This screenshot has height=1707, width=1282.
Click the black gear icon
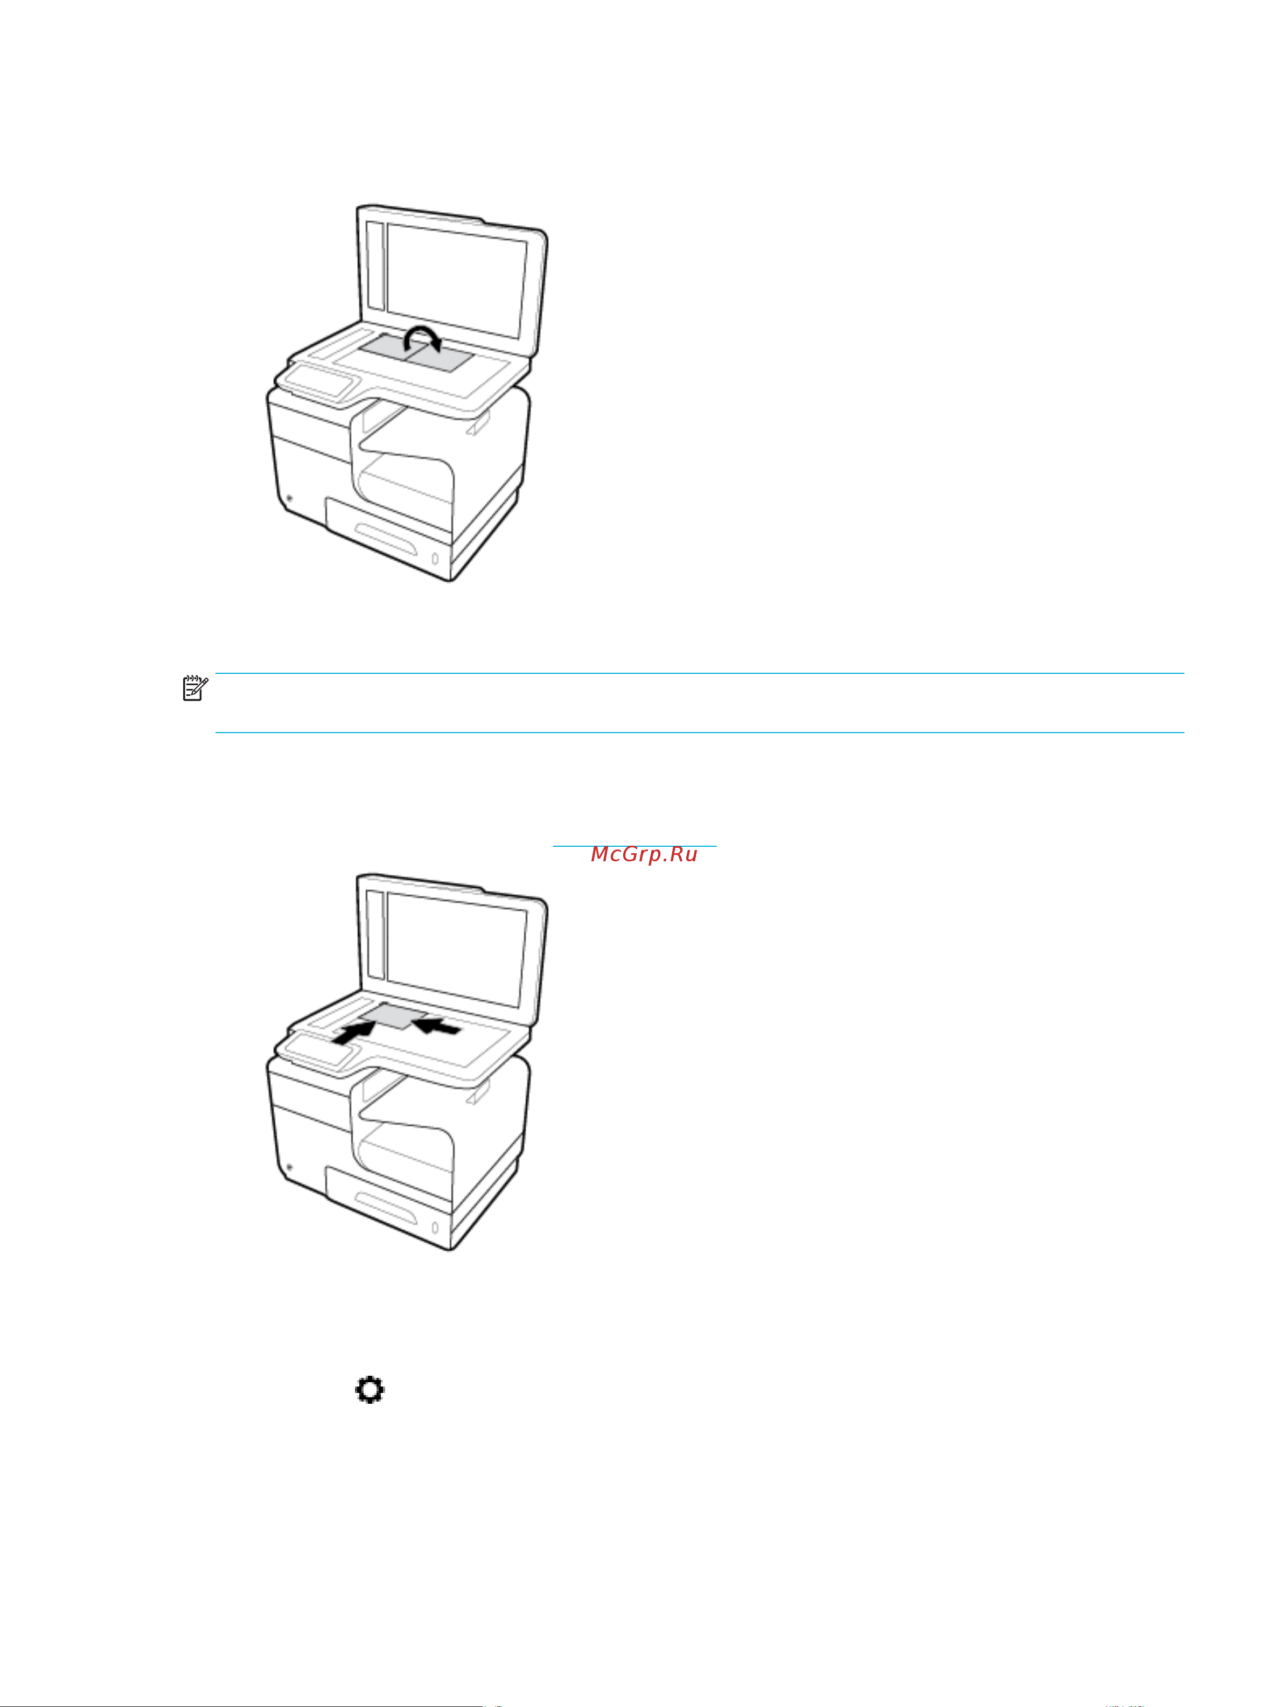[370, 1391]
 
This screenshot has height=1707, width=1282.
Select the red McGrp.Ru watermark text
[644, 854]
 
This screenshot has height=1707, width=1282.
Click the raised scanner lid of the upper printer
[455, 278]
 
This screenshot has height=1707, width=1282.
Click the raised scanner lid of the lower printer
[455, 946]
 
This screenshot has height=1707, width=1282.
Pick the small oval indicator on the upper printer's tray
[435, 557]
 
